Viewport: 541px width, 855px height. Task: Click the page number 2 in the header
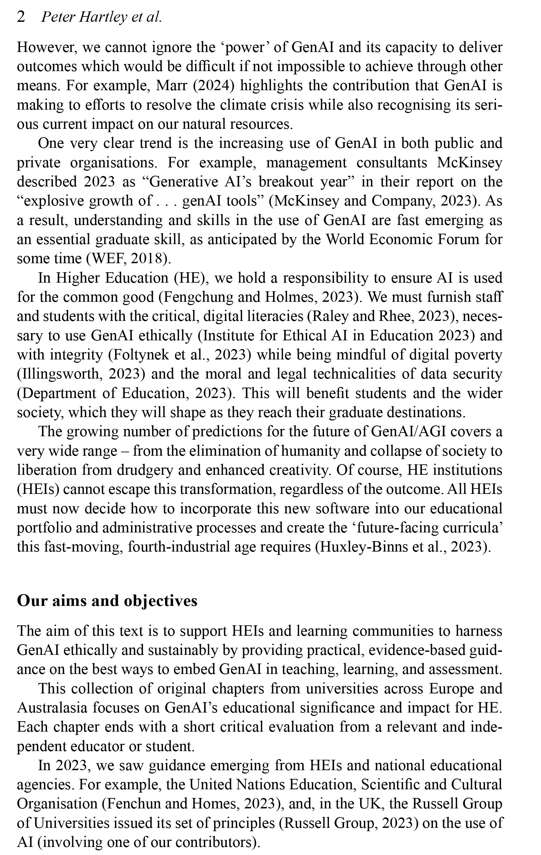pos(21,17)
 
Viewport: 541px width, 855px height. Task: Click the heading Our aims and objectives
pos(107,601)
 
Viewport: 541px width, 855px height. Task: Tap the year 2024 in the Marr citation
pos(216,85)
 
